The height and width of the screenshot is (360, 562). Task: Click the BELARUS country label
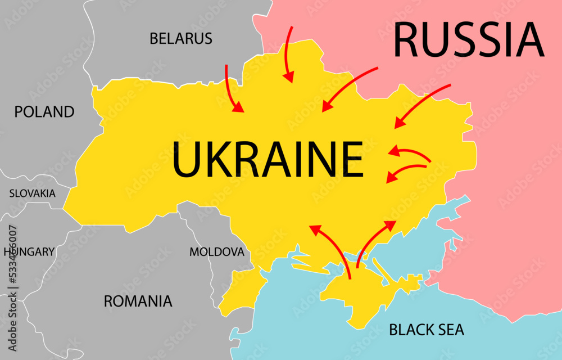pos(180,38)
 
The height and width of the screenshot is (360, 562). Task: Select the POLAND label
pos(44,111)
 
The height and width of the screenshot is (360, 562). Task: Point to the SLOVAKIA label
pos(32,193)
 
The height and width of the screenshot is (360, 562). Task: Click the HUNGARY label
pos(30,251)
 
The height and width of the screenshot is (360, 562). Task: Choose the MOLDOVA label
pos(217,251)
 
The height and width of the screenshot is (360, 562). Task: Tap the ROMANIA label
pos(138,301)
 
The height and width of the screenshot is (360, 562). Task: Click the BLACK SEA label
pos(427,329)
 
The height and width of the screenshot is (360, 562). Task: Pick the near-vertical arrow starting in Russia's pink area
pos(288,53)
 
